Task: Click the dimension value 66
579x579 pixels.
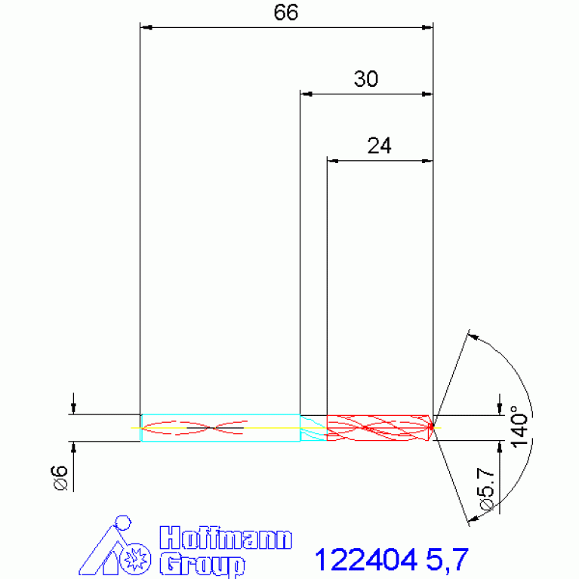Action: [x=286, y=13]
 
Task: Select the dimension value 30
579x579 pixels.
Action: [x=366, y=79]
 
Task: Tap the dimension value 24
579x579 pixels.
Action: [x=379, y=146]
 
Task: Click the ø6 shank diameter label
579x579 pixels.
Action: [x=60, y=478]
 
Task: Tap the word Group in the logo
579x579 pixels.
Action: [x=202, y=563]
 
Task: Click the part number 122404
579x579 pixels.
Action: [x=365, y=560]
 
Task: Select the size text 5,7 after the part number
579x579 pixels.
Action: [x=447, y=560]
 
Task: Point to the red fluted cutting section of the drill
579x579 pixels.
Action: [x=377, y=427]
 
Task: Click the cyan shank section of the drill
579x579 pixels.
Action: [x=219, y=427]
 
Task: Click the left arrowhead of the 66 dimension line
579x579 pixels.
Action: [x=146, y=28]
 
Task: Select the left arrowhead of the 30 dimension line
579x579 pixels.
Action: [x=305, y=94]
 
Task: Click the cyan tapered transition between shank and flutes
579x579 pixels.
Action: [x=313, y=427]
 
